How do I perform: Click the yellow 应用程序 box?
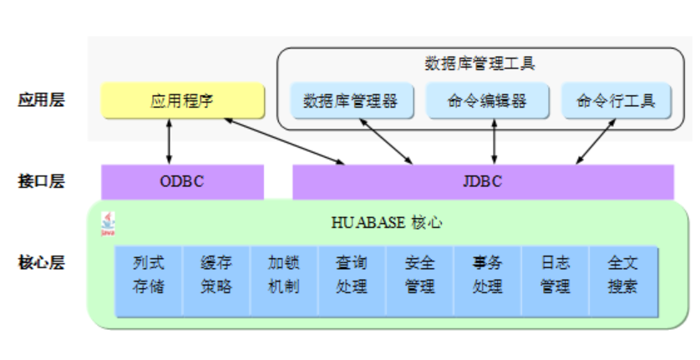[x=182, y=101]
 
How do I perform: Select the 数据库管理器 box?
[x=351, y=101]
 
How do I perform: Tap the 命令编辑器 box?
[x=487, y=101]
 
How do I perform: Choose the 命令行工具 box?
[x=616, y=101]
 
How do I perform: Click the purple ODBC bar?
[x=182, y=181]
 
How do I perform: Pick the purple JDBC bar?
[x=482, y=181]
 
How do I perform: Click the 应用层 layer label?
[x=41, y=100]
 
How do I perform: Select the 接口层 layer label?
[x=41, y=181]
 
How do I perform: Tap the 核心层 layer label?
[x=41, y=263]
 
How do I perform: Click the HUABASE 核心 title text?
[x=386, y=223]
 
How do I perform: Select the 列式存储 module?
[x=149, y=275]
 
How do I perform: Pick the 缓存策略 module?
[x=216, y=275]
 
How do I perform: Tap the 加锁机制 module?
[x=284, y=275]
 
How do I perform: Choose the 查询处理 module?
[x=352, y=275]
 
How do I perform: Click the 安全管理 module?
[x=419, y=275]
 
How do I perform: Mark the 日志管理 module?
[x=555, y=275]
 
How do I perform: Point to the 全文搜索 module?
[x=623, y=275]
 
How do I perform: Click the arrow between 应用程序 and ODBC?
[x=170, y=141]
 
